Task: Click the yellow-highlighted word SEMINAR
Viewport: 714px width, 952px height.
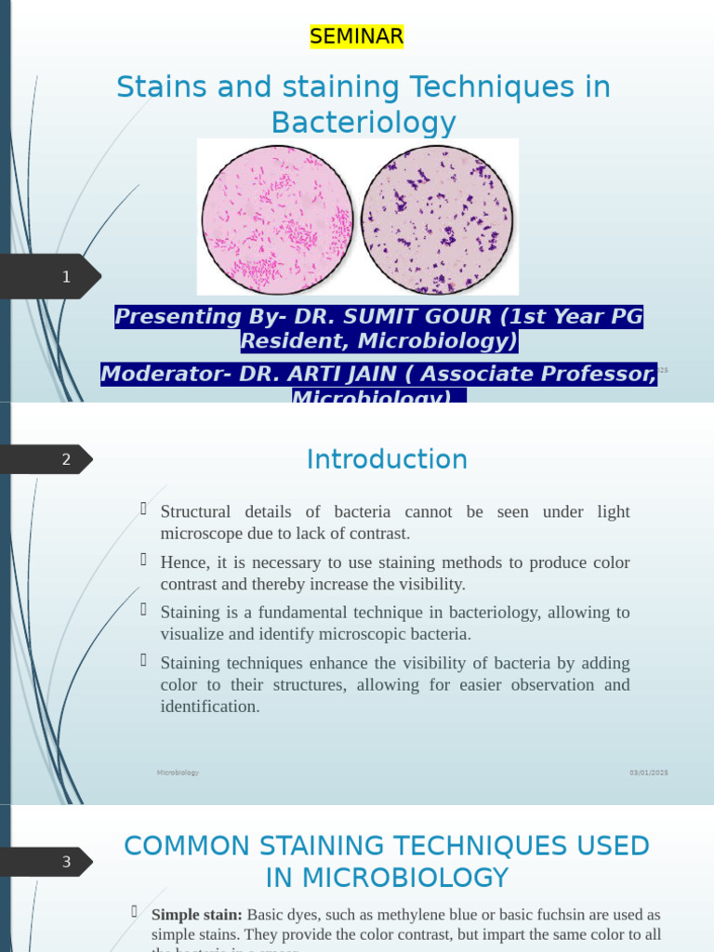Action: click(357, 36)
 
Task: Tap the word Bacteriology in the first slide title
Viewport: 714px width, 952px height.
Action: click(364, 123)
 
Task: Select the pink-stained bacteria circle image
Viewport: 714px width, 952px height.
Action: click(276, 219)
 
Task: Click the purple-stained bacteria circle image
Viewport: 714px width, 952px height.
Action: click(437, 219)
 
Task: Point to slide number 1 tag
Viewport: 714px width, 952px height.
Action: click(66, 276)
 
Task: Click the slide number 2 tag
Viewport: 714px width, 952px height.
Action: click(66, 459)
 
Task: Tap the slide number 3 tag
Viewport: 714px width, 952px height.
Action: click(66, 862)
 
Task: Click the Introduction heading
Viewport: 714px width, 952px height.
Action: click(387, 459)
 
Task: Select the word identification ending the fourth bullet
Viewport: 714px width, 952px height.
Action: click(209, 707)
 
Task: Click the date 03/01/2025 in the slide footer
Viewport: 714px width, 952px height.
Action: click(648, 773)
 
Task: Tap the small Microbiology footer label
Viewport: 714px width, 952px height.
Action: click(178, 773)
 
